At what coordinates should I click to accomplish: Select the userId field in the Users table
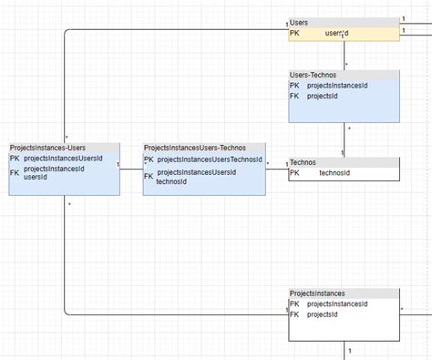tap(336, 33)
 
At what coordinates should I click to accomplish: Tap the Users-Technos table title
tap(314, 74)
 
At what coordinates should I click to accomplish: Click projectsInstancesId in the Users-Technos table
tap(337, 86)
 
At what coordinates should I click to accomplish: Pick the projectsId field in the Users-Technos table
tap(323, 95)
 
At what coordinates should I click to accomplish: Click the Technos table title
tap(303, 162)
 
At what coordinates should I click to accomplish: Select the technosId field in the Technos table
tap(334, 172)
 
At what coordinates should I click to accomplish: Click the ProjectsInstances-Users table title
tap(47, 148)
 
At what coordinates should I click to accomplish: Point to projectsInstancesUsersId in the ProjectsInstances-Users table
tap(63, 159)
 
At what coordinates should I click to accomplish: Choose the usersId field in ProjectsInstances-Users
tap(36, 177)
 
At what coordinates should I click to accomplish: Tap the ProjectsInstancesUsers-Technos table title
tap(194, 148)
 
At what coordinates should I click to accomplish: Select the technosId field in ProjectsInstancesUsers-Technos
tap(172, 181)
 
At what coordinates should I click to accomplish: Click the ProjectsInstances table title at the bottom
tap(317, 293)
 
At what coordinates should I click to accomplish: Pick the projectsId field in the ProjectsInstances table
tap(323, 314)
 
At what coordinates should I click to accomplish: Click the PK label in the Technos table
tap(294, 172)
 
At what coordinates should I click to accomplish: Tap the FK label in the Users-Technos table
tap(294, 95)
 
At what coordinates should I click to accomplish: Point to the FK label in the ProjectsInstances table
tap(294, 314)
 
